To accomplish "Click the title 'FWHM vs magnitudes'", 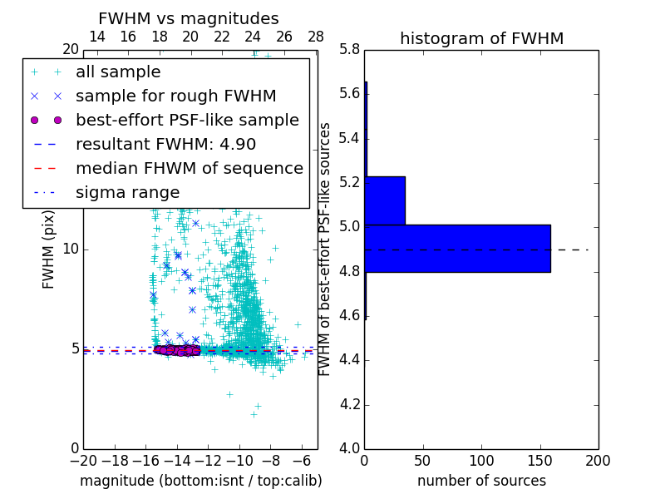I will [188, 18].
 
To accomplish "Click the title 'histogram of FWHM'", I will [481, 38].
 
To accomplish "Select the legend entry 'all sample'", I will [118, 72].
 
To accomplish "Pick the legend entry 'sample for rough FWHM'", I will [176, 96].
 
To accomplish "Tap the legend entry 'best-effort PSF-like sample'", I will [187, 120].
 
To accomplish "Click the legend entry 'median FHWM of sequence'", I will [190, 168].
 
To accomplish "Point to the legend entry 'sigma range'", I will [127, 192].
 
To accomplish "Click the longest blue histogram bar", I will [457, 248].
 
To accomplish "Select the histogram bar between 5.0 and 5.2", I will [385, 200].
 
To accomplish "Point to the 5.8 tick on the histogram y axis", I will [349, 49].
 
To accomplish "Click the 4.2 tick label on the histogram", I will [349, 404].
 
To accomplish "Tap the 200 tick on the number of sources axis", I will [598, 460].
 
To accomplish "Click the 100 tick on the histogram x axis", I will [481, 460].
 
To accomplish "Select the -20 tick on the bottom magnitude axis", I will [83, 460].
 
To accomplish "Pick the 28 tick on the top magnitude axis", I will [316, 37].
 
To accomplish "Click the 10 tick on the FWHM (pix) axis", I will [71, 249].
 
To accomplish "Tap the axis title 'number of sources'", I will [481, 481].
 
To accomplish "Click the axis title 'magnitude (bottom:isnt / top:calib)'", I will [200, 481].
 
